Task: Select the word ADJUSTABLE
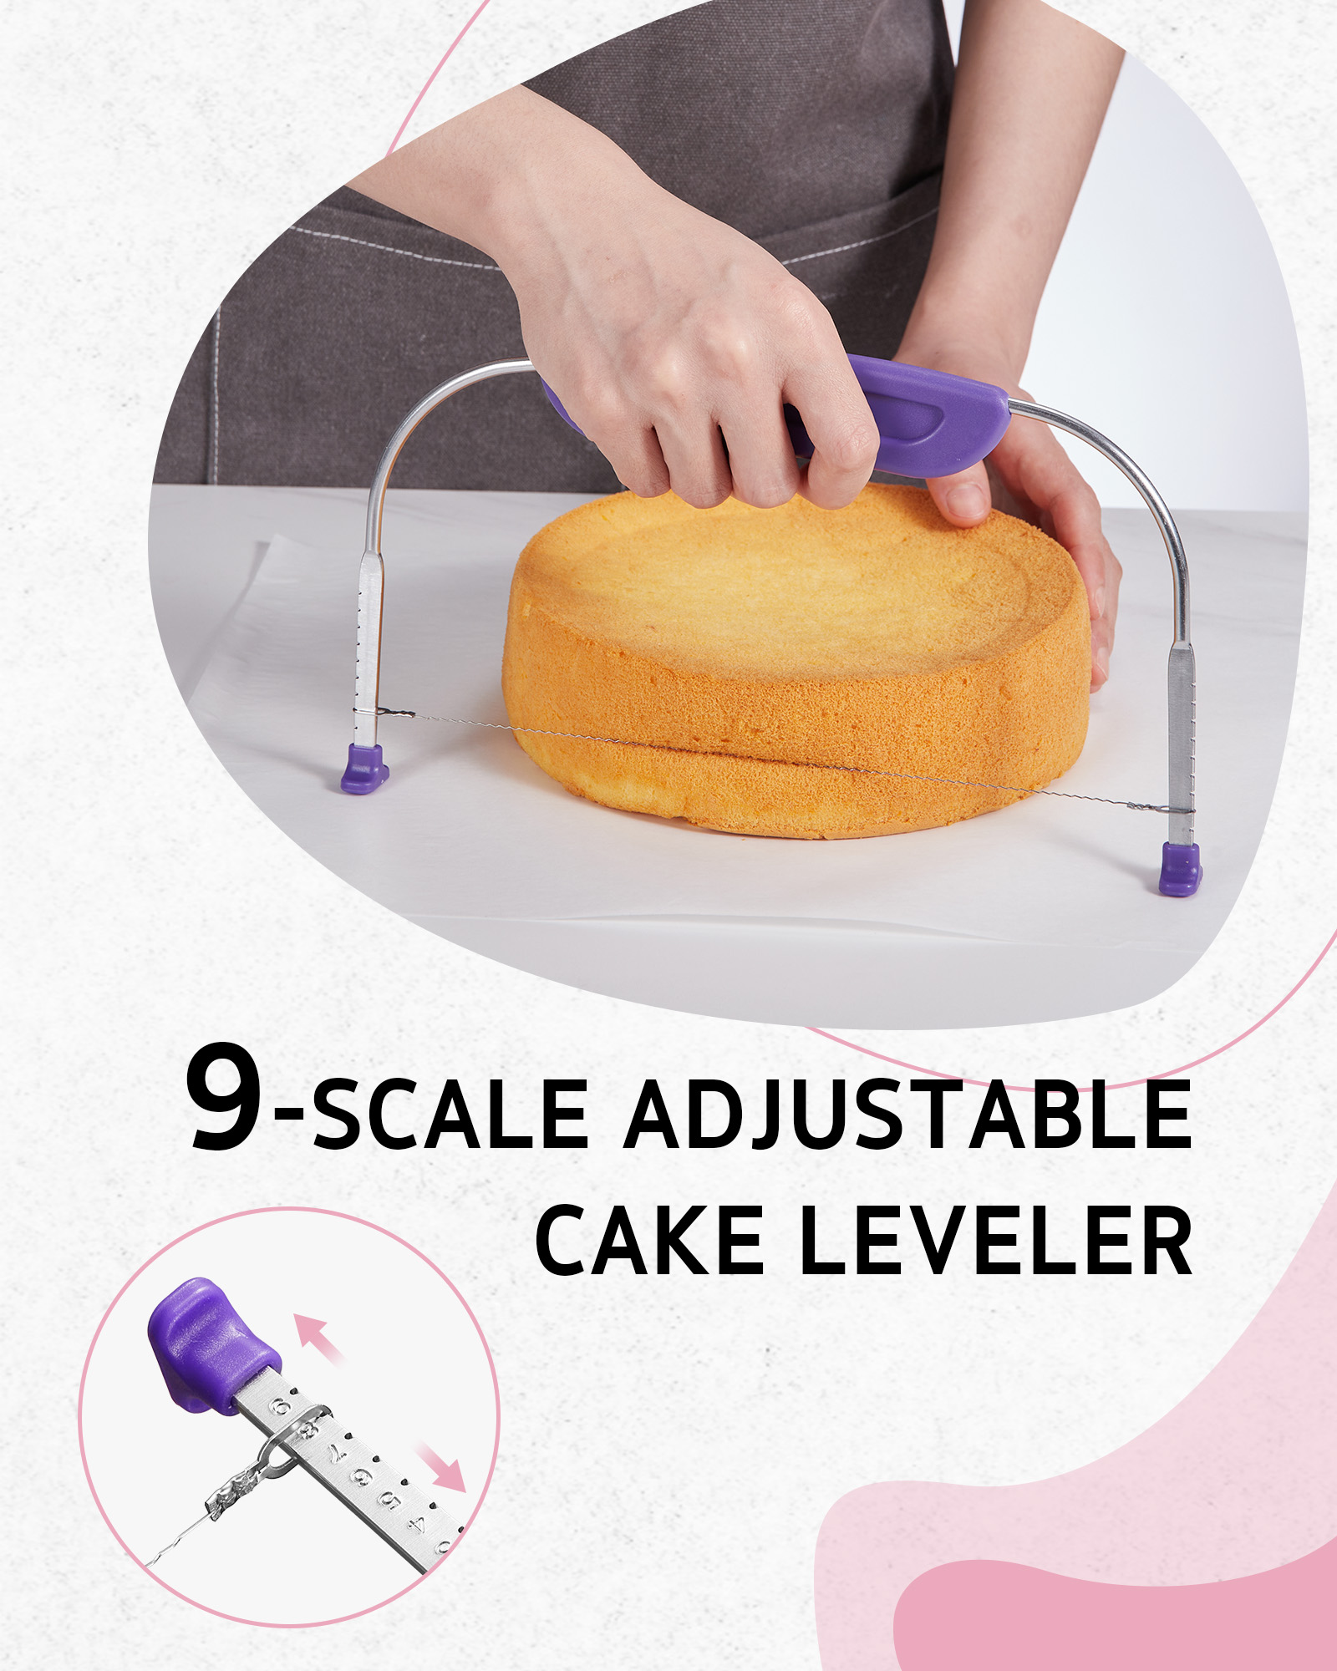pyautogui.click(x=908, y=1115)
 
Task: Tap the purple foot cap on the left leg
pyautogui.click(x=365, y=768)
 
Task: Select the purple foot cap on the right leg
pyautogui.click(x=1180, y=869)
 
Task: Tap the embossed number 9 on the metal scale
pyautogui.click(x=282, y=1408)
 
